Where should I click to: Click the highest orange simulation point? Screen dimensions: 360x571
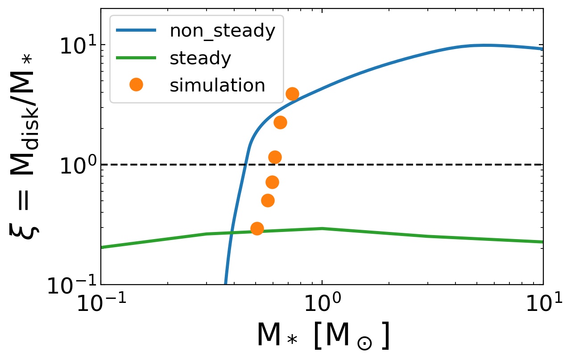(x=292, y=94)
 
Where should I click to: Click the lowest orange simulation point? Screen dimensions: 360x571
(x=257, y=229)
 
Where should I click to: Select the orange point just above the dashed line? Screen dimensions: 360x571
(x=275, y=157)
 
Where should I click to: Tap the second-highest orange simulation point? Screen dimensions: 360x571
(x=280, y=123)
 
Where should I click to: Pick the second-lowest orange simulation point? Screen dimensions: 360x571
(x=268, y=201)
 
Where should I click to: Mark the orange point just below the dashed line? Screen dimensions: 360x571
(x=272, y=182)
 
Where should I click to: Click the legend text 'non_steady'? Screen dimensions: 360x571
(x=222, y=32)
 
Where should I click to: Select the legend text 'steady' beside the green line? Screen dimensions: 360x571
(x=200, y=58)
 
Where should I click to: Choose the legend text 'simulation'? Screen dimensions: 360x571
(x=217, y=85)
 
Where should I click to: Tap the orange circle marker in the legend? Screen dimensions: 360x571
(x=136, y=85)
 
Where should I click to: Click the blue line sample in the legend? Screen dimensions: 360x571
(x=136, y=31)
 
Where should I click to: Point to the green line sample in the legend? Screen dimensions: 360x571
(x=136, y=58)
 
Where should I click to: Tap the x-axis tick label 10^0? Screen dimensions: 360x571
(x=322, y=305)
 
